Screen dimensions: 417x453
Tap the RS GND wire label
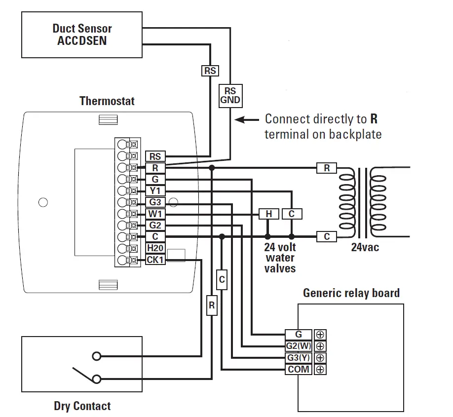pos(230,96)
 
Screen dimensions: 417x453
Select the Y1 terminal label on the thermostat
pos(155,191)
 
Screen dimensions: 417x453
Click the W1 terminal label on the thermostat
pos(155,214)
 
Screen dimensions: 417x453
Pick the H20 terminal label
pos(155,248)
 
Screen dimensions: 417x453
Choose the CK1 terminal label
pos(155,260)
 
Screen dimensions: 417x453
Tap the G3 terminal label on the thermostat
pos(155,202)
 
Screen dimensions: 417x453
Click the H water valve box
pos(269,214)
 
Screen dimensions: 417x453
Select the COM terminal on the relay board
pos(299,369)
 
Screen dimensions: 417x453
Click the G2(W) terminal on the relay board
pos(299,346)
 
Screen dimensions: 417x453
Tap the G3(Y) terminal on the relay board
pos(299,358)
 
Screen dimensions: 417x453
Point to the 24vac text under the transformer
pos(365,248)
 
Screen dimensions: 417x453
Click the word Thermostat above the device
pos(107,101)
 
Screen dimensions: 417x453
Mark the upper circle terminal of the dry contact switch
pos(97,356)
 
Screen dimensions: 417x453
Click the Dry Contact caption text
pos(82,406)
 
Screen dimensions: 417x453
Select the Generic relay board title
pos(351,293)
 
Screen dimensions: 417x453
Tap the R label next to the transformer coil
pos(326,168)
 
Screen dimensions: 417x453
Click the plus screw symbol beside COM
pos(320,369)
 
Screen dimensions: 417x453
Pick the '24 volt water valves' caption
pos(280,258)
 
